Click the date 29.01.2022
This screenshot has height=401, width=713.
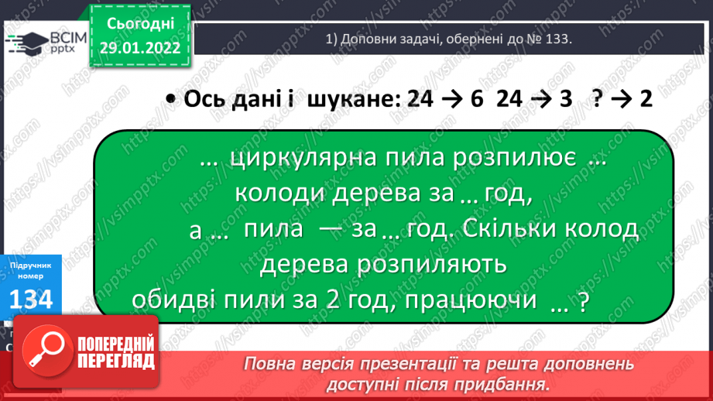coord(140,47)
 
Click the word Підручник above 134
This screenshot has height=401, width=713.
coord(31,266)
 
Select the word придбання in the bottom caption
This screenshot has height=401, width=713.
coord(506,383)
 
